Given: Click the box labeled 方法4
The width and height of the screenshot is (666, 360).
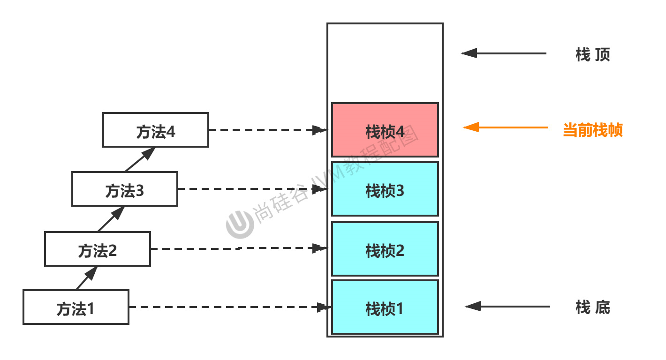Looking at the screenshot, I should click(156, 130).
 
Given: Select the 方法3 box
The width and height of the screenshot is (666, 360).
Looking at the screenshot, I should click(125, 189).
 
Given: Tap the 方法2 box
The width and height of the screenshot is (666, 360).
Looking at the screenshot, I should click(98, 249).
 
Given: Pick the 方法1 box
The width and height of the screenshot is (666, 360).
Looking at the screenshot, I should click(76, 307).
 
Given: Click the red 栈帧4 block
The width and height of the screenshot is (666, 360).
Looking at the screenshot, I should click(385, 130).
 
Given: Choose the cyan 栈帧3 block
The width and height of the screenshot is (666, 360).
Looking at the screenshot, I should click(385, 189).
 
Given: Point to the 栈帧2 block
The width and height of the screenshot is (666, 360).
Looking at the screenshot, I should click(385, 249).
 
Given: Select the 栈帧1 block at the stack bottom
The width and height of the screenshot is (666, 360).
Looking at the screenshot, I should click(385, 307).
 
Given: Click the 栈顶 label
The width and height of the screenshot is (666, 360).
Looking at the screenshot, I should click(593, 55).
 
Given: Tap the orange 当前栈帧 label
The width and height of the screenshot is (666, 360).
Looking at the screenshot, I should click(593, 130).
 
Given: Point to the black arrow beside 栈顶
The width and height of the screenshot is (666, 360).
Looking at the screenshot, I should click(504, 53).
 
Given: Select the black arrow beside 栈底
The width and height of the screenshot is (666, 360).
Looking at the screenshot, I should click(507, 307).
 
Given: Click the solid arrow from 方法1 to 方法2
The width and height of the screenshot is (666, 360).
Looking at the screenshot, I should click(87, 277).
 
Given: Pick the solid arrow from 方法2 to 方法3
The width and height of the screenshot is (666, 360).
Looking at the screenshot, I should click(112, 218).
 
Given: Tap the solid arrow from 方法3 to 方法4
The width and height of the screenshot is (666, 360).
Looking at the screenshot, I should click(140, 159).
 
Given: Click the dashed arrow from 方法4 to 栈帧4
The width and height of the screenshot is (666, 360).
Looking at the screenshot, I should click(267, 130).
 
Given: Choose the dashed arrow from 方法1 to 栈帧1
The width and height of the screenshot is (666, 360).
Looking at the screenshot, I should click(230, 307).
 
